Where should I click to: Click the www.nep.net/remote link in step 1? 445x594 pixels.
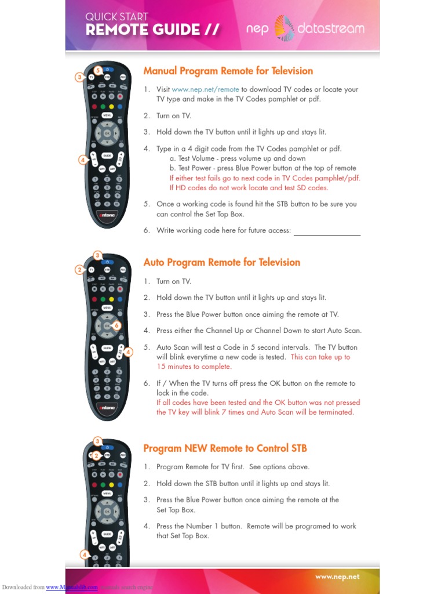pos(205,89)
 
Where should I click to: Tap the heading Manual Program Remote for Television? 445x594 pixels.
pos(228,71)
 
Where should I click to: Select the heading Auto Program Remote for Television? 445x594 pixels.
pos(221,262)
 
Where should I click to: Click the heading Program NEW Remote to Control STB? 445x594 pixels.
pos(225,448)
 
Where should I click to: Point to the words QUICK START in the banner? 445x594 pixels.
pos(116,17)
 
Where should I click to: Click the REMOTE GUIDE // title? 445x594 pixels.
pos(152,30)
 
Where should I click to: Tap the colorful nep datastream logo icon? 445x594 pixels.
pos(284,28)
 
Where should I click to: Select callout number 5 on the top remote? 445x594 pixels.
pos(98,70)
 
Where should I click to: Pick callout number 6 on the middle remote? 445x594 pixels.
pos(116,326)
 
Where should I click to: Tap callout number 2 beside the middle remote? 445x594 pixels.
pos(79,269)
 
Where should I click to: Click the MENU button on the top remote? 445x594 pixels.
pos(107,115)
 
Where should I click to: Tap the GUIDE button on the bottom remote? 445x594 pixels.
pos(107,534)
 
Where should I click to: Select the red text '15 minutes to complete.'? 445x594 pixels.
pos(194,367)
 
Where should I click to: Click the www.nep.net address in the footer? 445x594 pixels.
pos(337,577)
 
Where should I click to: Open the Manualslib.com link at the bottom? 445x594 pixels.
pos(72,588)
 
